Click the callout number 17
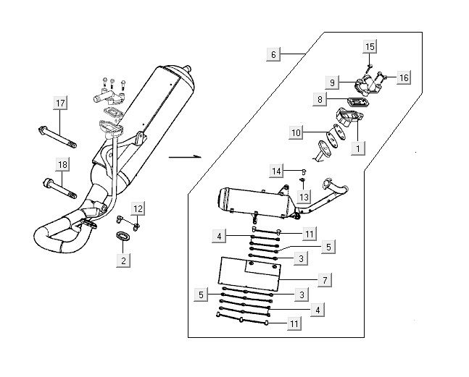(x=60, y=104)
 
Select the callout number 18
(x=62, y=165)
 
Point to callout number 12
(x=138, y=208)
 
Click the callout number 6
(x=273, y=55)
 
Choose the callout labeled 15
(x=370, y=47)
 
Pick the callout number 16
(x=404, y=77)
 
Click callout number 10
(x=296, y=132)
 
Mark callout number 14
(x=277, y=171)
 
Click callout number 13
(x=304, y=197)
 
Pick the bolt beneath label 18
(x=62, y=189)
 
